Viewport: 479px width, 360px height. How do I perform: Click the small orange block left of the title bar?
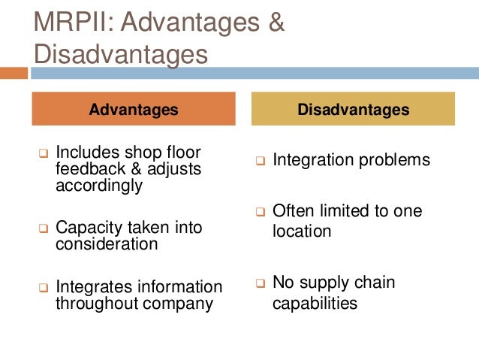pyautogui.click(x=14, y=74)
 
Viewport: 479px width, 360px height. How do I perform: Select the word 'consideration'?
pyautogui.click(x=106, y=244)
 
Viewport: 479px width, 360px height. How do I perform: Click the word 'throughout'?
pyautogui.click(x=95, y=304)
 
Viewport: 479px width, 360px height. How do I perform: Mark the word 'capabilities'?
pyautogui.click(x=315, y=304)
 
